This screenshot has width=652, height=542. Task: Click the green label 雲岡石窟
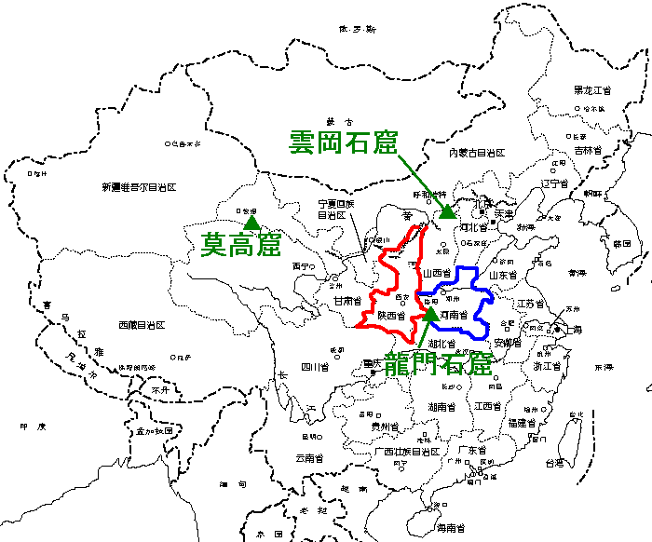click(x=344, y=142)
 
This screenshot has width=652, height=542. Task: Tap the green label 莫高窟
click(x=242, y=245)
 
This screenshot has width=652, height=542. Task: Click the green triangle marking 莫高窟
click(x=251, y=223)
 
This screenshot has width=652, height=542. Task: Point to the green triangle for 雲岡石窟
click(x=448, y=210)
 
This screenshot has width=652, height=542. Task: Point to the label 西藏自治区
click(x=141, y=325)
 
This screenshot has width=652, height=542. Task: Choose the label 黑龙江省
click(x=591, y=90)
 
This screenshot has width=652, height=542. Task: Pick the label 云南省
click(x=311, y=457)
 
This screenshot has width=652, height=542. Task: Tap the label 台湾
click(x=554, y=462)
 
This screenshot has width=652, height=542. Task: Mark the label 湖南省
click(x=441, y=407)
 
